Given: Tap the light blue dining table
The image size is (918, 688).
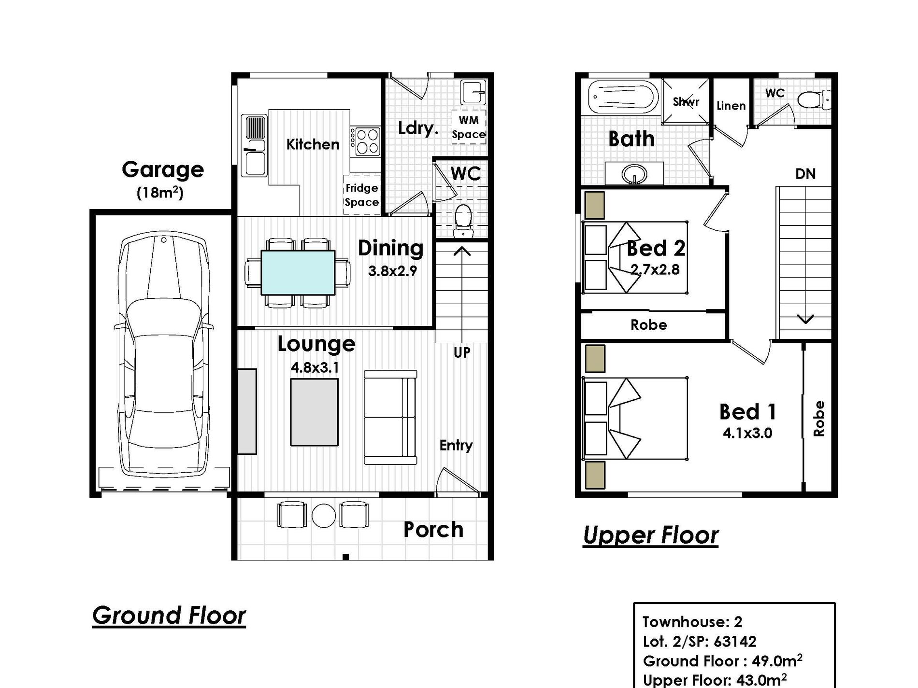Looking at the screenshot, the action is tap(298, 272).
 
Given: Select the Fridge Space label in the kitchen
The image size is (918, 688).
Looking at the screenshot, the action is tap(361, 195).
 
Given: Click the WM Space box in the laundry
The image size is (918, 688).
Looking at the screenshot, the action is tap(468, 127).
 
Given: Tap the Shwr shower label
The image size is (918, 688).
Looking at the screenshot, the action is tap(686, 102).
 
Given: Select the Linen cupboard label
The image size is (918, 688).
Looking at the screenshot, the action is tap(731, 106).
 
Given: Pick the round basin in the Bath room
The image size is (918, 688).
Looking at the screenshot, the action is tap(634, 173).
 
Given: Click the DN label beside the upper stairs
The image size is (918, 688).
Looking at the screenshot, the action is tap(805, 174).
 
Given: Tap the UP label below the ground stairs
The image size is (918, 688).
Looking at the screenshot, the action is tap(462, 352).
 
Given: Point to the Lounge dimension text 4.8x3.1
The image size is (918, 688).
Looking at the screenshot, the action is tap(315, 368).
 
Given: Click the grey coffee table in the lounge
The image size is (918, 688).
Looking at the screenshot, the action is tap(314, 412).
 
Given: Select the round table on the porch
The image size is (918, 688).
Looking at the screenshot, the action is tap(324, 516).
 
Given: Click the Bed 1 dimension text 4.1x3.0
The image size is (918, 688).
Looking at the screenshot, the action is tap(747, 433).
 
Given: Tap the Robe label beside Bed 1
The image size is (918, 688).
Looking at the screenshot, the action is tap(818, 419).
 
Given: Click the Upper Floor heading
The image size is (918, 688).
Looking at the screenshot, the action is tap(651, 535).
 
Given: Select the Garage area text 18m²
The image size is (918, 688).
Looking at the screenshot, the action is tap(160, 193).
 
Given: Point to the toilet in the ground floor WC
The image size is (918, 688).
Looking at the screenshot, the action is tap(463, 221).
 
